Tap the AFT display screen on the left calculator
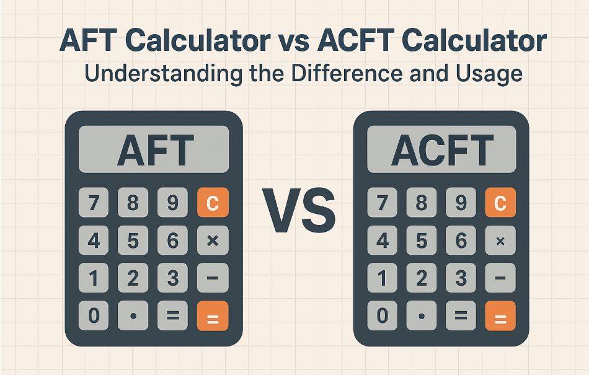[x=154, y=149]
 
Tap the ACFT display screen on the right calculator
[x=441, y=149]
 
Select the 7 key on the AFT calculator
[x=94, y=203]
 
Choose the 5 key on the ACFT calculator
[x=422, y=240]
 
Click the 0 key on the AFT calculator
[x=94, y=316]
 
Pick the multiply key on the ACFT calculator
[x=500, y=240]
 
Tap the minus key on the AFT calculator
[x=212, y=278]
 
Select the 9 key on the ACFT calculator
[x=461, y=203]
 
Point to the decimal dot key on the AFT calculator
[x=133, y=316]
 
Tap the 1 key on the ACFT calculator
[x=382, y=278]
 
